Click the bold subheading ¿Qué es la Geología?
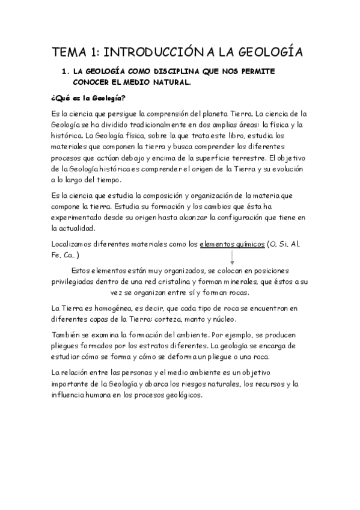tap(88, 98)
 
